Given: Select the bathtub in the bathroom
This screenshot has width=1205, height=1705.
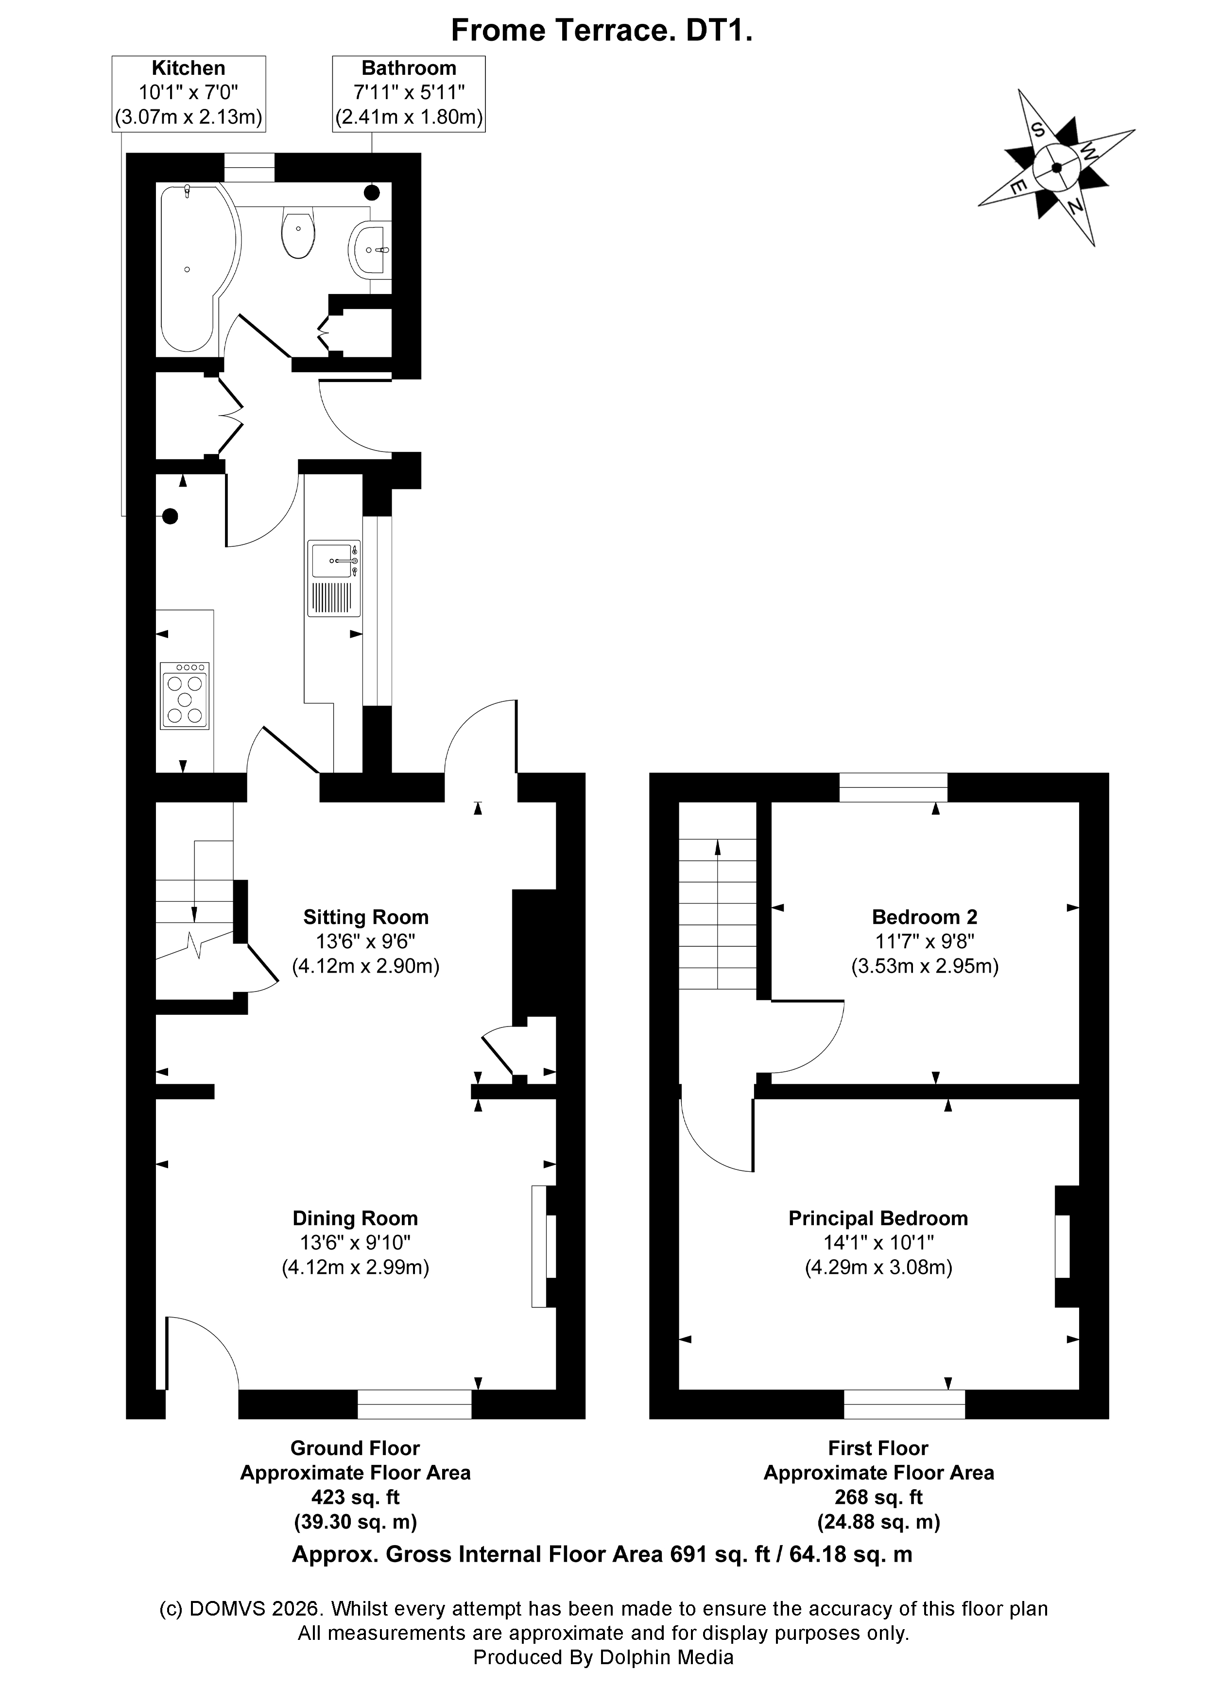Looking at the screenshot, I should (x=193, y=267).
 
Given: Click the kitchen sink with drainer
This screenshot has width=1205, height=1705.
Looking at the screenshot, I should (x=334, y=578).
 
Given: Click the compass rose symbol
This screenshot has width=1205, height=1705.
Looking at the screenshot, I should (x=1056, y=167).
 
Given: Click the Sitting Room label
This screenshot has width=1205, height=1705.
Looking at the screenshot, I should (x=365, y=918).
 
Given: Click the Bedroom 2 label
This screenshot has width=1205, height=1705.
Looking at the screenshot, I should (x=924, y=917).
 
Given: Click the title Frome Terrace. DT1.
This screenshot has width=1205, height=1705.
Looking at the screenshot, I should (x=602, y=31).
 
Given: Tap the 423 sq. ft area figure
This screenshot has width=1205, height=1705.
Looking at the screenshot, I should (x=355, y=1497).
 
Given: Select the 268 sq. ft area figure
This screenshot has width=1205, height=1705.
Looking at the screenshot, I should (x=878, y=1497).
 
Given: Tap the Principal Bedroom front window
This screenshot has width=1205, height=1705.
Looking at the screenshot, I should (x=904, y=1404).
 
